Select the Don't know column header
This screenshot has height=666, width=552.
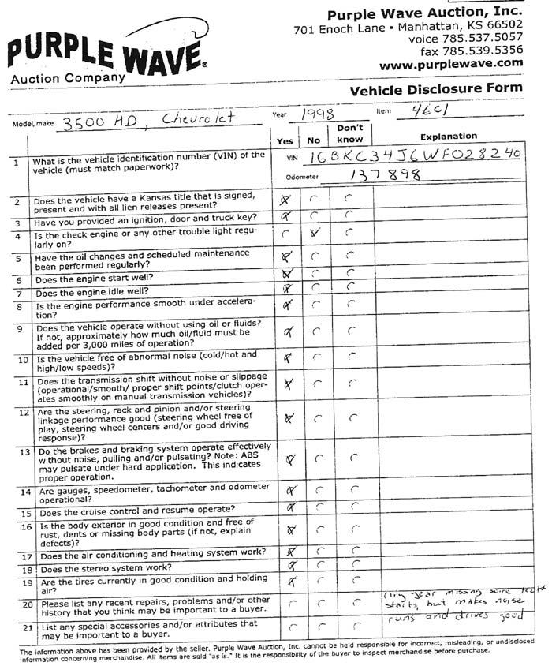pos(349,133)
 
